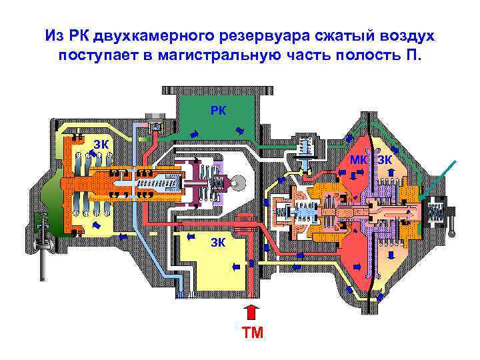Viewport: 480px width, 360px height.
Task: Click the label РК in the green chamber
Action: tap(218, 109)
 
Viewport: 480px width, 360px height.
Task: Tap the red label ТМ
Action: tap(252, 331)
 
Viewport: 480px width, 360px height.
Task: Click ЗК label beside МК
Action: tap(385, 159)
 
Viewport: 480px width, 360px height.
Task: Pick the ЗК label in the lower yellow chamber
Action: tap(218, 242)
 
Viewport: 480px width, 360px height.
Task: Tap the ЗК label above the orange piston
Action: tap(101, 144)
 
